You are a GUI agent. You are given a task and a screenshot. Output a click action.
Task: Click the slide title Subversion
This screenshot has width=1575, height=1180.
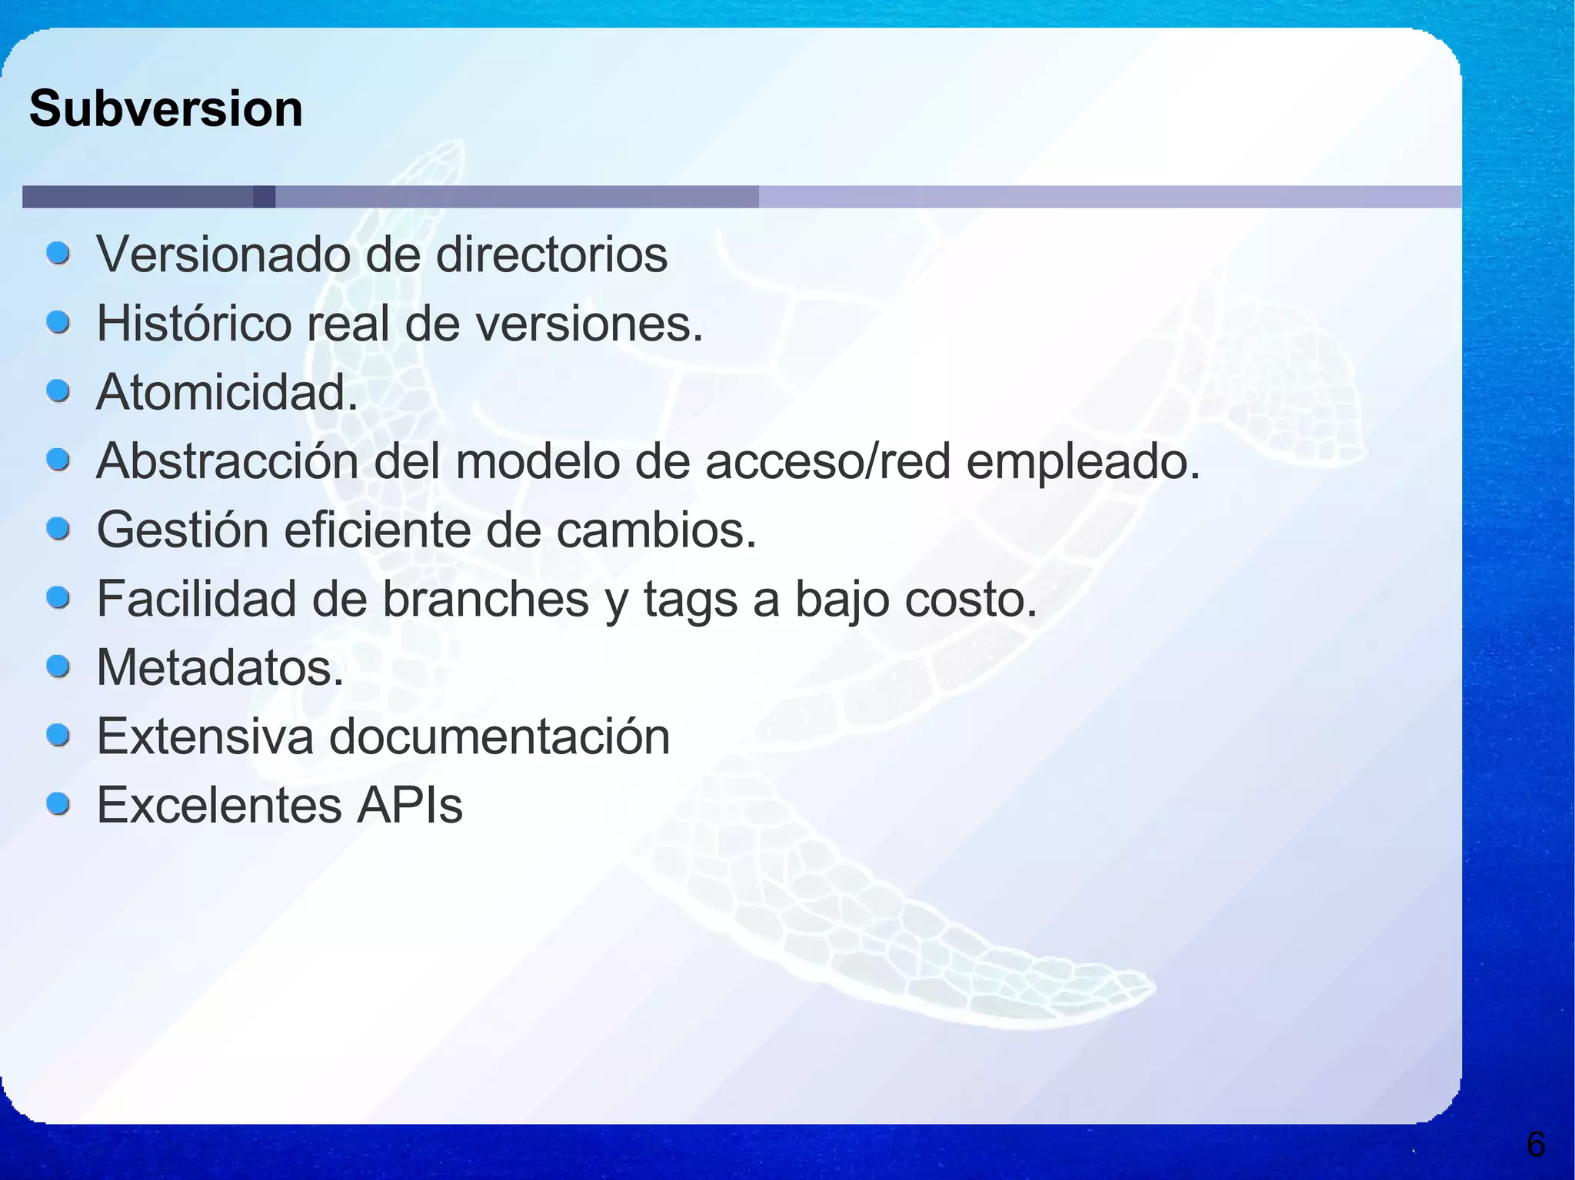click(x=166, y=109)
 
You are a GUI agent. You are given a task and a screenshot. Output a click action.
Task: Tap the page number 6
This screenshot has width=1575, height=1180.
click(x=1535, y=1145)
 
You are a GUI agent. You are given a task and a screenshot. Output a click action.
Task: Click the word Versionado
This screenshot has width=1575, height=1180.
click(x=222, y=254)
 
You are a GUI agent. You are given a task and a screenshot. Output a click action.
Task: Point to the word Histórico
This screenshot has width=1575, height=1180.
click(x=194, y=324)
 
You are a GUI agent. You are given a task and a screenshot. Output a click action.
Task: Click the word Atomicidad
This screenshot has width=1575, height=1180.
click(x=227, y=392)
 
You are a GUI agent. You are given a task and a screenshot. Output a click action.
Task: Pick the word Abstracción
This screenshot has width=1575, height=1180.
click(x=228, y=462)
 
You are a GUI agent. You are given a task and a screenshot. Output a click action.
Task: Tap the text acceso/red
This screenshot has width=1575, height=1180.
click(x=827, y=462)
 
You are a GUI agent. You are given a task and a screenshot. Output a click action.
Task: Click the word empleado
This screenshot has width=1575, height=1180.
click(x=1082, y=462)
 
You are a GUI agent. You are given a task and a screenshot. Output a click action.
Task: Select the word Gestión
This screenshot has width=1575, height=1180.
click(x=182, y=530)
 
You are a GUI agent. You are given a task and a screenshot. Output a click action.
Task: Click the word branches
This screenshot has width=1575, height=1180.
click(x=485, y=599)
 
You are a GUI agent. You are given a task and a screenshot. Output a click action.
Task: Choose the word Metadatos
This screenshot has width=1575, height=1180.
click(x=220, y=667)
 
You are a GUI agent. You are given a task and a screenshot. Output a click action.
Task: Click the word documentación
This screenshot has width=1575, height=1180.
click(x=500, y=736)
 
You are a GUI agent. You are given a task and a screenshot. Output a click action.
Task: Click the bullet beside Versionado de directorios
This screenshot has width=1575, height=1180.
click(x=58, y=253)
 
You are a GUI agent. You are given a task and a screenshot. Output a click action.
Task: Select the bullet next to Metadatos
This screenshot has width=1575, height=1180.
click(x=58, y=666)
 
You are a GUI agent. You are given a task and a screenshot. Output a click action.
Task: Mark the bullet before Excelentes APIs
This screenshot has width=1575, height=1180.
click(x=58, y=804)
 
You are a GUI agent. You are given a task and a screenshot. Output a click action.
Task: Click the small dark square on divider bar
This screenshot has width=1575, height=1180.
click(x=264, y=197)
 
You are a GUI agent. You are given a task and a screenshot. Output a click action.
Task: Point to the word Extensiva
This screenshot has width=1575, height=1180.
click(x=205, y=736)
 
